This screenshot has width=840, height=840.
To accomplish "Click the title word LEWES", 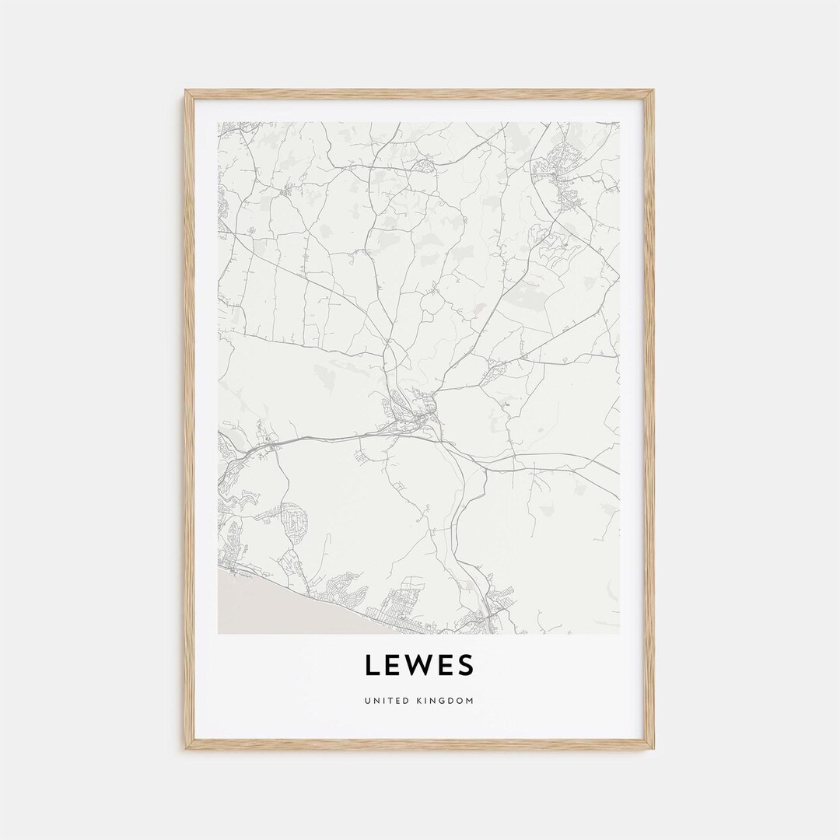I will tap(418, 666).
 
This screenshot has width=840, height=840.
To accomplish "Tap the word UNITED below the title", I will tap(385, 702).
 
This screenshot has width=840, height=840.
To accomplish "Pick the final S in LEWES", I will tap(465, 666).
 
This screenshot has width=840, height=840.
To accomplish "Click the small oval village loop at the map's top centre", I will tap(425, 165).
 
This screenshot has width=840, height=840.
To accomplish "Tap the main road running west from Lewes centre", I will tap(327, 438).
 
